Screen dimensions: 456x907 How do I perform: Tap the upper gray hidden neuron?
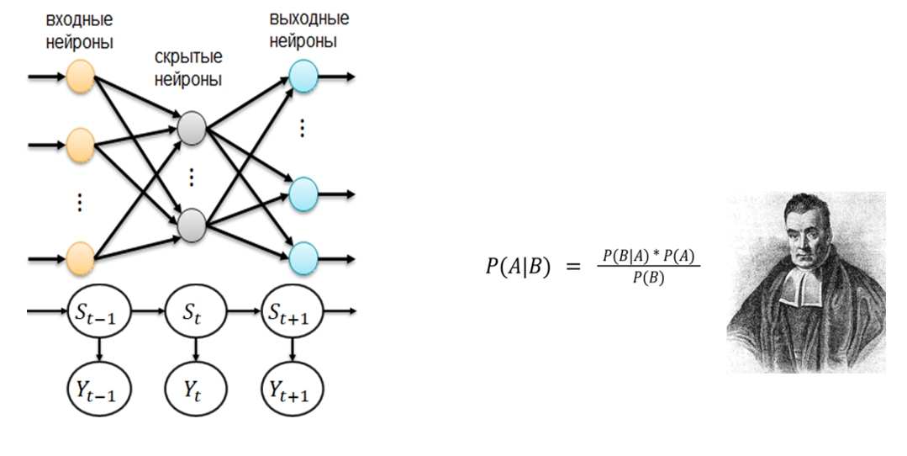(192, 128)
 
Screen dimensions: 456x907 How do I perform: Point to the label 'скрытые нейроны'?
(188, 69)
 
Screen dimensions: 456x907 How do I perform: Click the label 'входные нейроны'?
(82, 30)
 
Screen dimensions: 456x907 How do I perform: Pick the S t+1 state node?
(293, 314)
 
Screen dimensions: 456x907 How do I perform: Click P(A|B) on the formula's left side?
(517, 268)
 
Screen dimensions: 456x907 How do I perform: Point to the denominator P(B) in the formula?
(648, 278)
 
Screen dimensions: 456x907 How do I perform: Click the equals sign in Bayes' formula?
(572, 267)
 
